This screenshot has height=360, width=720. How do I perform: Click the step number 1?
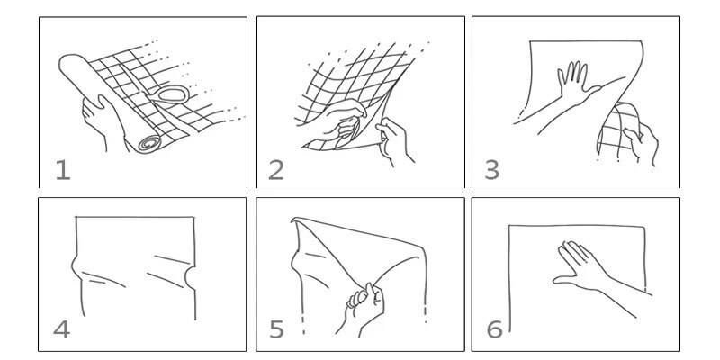click(63, 170)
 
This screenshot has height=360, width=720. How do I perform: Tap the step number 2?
click(276, 170)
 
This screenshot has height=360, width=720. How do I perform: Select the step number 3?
click(491, 170)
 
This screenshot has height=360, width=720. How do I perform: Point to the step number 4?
click(61, 329)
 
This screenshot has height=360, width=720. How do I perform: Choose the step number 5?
click(276, 329)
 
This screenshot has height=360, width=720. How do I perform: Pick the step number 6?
click(494, 329)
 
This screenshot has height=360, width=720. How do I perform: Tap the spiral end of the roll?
click(149, 143)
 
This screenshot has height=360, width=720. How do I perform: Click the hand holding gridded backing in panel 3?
click(642, 141)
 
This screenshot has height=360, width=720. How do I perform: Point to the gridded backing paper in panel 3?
click(618, 130)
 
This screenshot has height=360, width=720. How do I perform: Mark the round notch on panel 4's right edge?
click(190, 278)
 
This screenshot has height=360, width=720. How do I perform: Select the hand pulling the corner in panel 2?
click(392, 139)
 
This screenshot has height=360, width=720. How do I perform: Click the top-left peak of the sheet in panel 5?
click(293, 220)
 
